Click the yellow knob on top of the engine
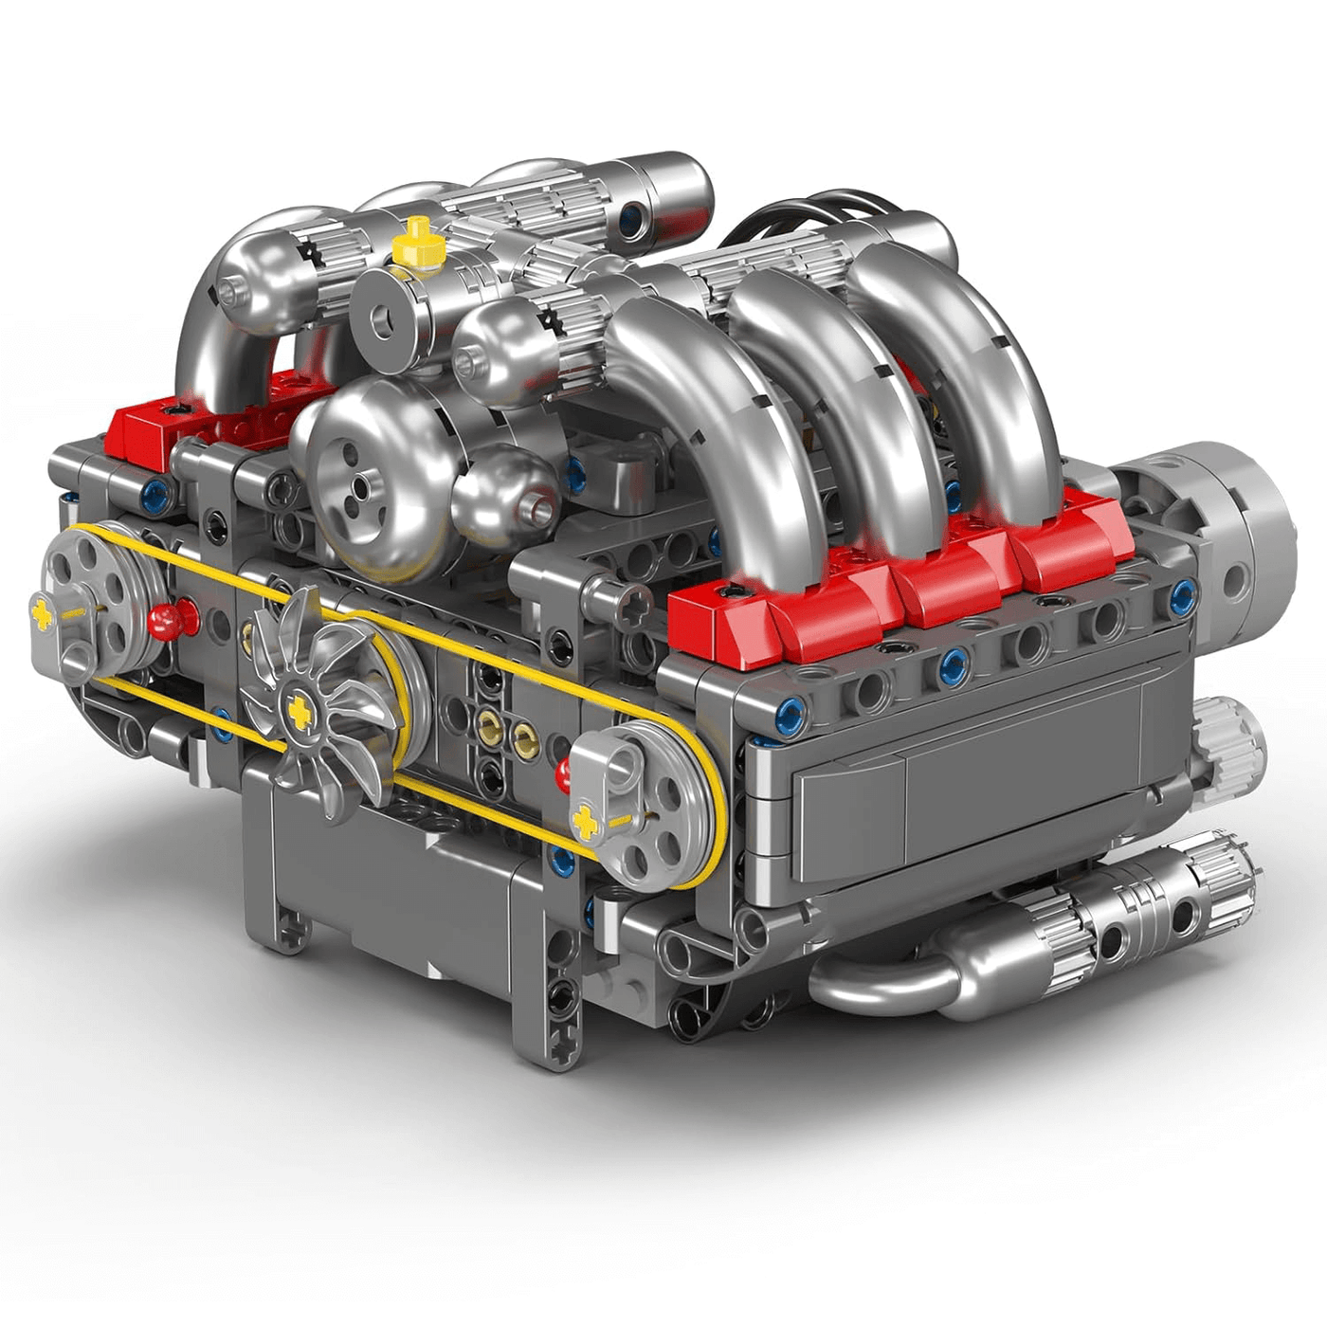pyautogui.click(x=418, y=244)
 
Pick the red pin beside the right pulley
pyautogui.click(x=566, y=773)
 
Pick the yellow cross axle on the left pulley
pyautogui.click(x=44, y=611)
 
